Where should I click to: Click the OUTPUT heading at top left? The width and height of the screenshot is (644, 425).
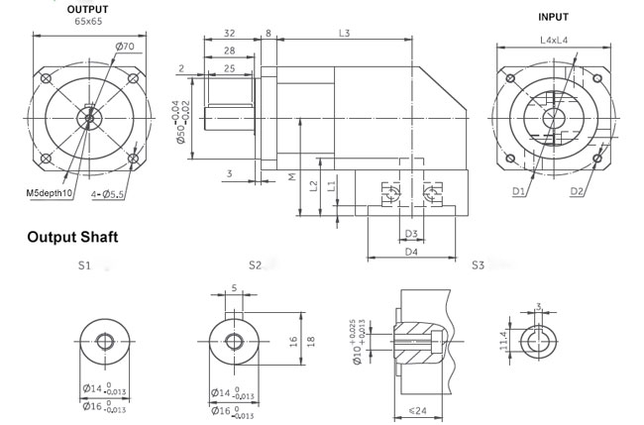coord(87,10)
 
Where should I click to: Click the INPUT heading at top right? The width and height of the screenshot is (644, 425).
coord(553,17)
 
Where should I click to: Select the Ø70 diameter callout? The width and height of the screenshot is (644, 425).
coord(125,47)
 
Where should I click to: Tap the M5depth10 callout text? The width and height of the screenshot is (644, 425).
coord(50,193)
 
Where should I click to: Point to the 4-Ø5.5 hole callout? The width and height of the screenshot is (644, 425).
coord(108,194)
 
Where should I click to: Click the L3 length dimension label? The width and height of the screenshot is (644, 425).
coord(344,34)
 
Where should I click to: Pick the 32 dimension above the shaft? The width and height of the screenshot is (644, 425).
coord(230,34)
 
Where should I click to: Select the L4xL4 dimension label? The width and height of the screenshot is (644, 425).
coord(554,41)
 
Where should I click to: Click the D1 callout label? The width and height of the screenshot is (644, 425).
coord(519,191)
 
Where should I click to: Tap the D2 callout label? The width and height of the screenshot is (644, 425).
coord(577,191)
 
